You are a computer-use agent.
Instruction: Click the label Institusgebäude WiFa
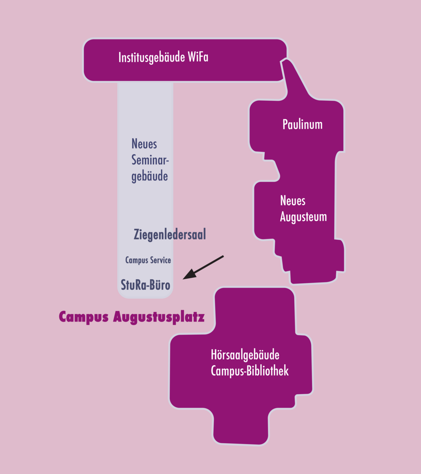tap(163, 58)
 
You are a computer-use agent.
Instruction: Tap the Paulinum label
tap(303, 124)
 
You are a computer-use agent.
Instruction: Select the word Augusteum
tap(303, 217)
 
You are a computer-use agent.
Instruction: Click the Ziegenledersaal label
tap(170, 234)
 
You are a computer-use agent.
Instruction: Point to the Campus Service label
tap(148, 260)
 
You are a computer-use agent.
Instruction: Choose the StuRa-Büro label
tap(145, 285)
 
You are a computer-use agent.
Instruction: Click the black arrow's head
tap(190, 275)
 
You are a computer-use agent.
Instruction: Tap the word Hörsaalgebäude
tap(245, 355)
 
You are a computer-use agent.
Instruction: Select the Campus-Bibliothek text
tap(250, 371)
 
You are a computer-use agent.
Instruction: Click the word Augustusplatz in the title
tap(159, 318)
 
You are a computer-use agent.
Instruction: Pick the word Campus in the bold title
tap(84, 318)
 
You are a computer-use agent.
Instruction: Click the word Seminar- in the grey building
tap(150, 160)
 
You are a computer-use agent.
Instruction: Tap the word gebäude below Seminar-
tap(150, 177)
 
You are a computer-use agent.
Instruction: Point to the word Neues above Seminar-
tap(144, 143)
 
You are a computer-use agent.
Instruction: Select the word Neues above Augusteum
tap(293, 201)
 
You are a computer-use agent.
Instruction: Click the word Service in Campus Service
tap(160, 260)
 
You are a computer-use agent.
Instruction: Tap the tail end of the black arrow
tap(224, 256)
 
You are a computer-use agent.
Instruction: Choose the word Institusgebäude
tap(152, 58)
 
